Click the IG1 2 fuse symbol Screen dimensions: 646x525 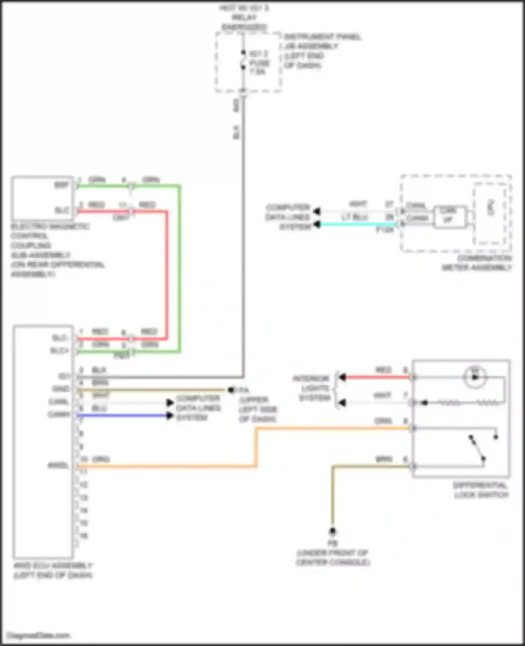click(243, 60)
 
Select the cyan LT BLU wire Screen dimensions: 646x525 click(357, 224)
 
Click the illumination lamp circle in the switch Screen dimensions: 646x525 click(475, 377)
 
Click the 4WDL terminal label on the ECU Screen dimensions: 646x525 click(58, 466)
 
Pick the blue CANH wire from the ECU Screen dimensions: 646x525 click(122, 415)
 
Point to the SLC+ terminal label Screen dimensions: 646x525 click(60, 351)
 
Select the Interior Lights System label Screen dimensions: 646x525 click(311, 388)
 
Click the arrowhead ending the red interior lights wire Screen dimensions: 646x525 click(342, 377)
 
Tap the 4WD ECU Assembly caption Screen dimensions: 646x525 click(53, 570)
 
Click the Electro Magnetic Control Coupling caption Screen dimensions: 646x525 click(56, 250)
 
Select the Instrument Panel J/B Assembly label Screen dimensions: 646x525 click(322, 51)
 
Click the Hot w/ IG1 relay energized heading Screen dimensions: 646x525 click(244, 17)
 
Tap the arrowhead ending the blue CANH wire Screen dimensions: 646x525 click(170, 415)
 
